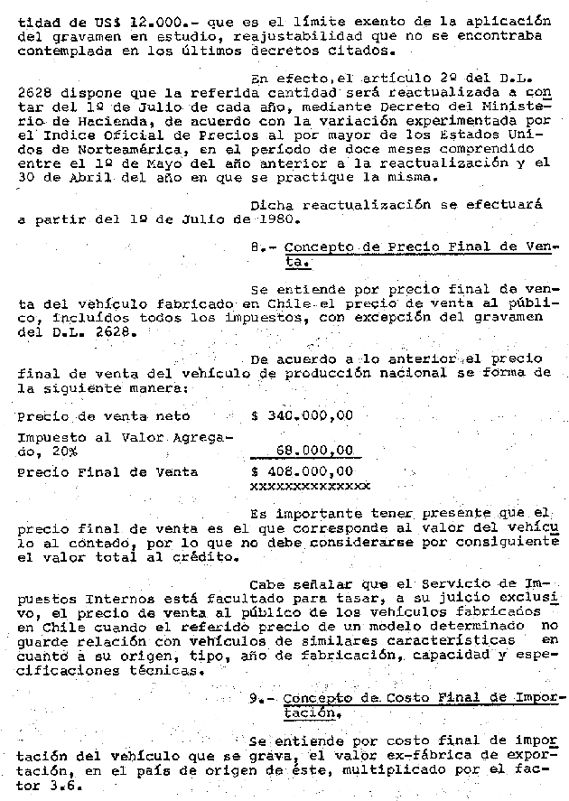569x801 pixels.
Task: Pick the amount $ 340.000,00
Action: point(302,416)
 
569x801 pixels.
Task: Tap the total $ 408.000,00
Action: point(302,471)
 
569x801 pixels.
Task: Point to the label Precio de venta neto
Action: point(104,416)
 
